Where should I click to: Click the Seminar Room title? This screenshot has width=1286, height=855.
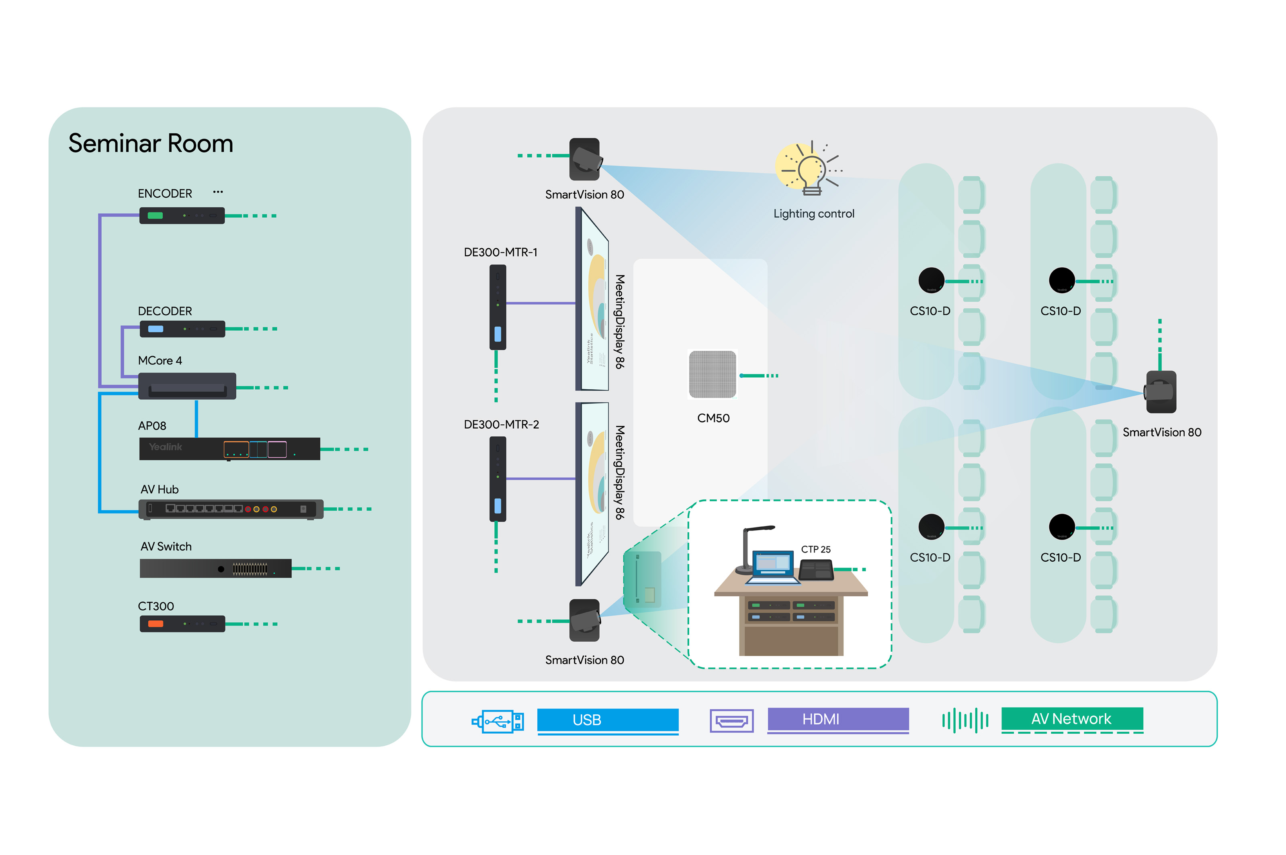tap(151, 143)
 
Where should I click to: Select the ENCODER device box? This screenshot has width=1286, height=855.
tap(182, 215)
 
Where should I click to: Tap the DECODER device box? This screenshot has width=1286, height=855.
tap(182, 329)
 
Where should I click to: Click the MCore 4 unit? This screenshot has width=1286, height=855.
tap(186, 386)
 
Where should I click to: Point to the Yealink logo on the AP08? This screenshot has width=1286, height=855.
tap(165, 447)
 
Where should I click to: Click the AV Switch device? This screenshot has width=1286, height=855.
tap(215, 568)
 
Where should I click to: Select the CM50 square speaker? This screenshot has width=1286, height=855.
tap(712, 374)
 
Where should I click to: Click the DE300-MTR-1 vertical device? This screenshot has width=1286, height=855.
tap(498, 307)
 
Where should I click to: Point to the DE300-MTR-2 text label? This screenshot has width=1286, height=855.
tap(501, 424)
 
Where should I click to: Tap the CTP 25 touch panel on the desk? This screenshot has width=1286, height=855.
tap(816, 571)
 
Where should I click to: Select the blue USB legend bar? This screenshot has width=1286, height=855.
tap(608, 720)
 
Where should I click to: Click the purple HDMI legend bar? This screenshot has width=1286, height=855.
tap(838, 719)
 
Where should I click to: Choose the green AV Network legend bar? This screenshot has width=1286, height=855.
tap(1072, 719)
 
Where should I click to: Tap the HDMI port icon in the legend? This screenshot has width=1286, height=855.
tap(731, 721)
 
